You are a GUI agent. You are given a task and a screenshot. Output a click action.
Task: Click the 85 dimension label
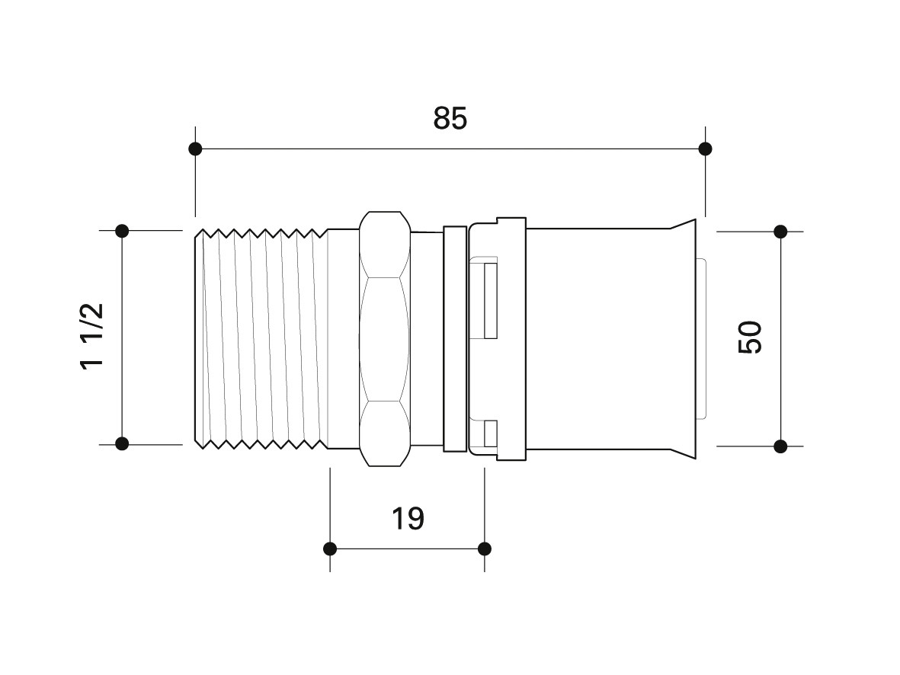[450, 119]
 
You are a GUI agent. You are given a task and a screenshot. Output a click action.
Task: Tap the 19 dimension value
[408, 518]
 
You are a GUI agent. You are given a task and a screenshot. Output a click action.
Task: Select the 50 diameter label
[750, 337]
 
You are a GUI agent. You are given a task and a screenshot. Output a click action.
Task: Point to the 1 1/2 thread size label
[92, 336]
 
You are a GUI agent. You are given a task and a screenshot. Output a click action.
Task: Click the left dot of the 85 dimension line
[195, 149]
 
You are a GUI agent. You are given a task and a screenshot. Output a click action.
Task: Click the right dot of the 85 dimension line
[706, 149]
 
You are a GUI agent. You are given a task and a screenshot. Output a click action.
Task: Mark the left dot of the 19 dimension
[330, 549]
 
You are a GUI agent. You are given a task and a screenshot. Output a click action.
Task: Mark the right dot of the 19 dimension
[485, 549]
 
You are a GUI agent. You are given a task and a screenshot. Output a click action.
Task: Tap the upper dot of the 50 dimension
[780, 232]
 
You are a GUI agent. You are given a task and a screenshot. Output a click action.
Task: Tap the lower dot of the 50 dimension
[780, 446]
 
